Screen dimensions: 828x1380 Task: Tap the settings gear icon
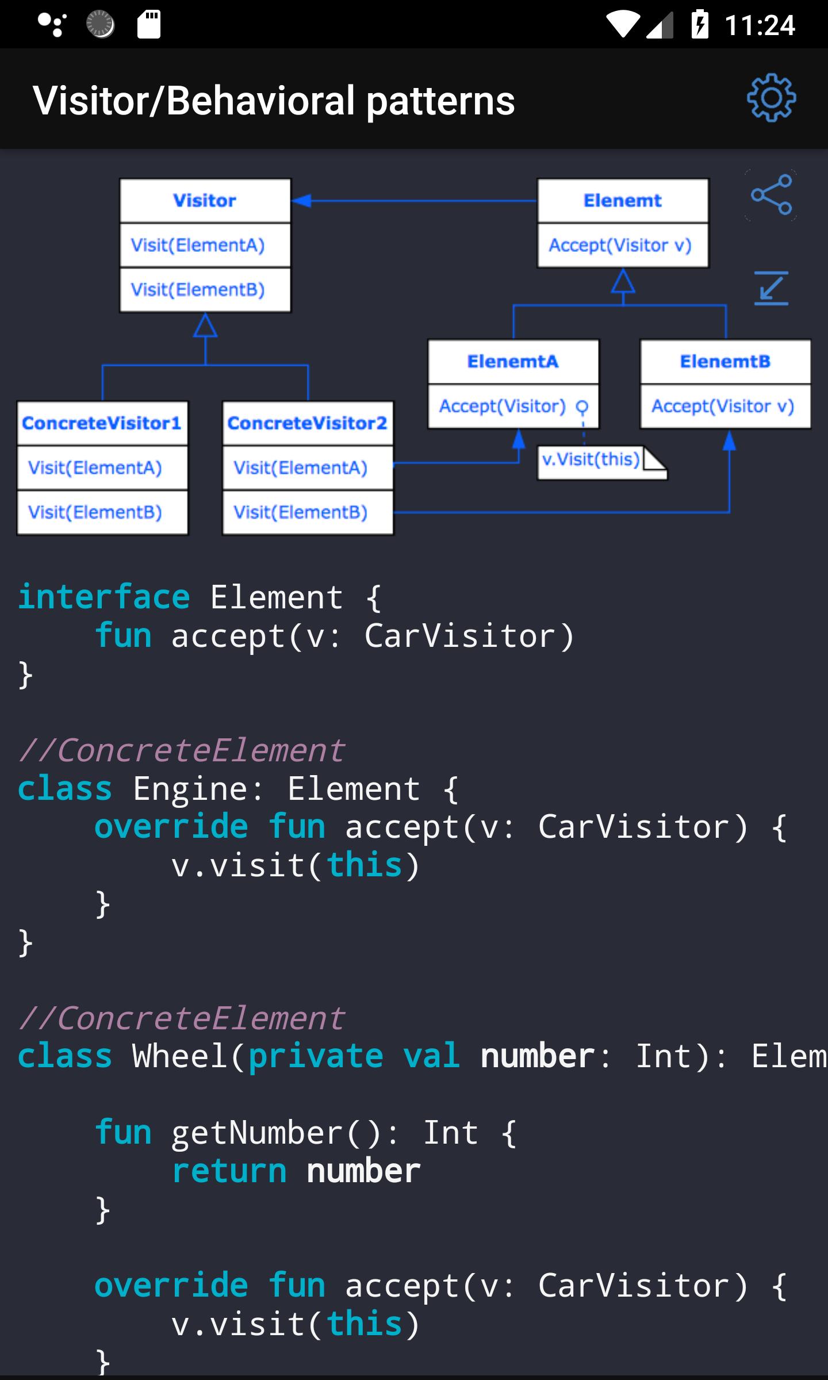(x=771, y=98)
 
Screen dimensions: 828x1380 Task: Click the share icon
(x=771, y=195)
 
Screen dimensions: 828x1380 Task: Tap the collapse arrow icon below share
(x=771, y=288)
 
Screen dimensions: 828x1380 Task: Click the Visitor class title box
(x=205, y=201)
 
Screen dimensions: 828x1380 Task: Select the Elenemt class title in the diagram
(x=623, y=201)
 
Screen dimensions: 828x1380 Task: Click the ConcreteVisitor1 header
(x=102, y=423)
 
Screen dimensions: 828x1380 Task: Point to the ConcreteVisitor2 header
(x=308, y=423)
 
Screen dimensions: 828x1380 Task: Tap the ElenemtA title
(x=513, y=362)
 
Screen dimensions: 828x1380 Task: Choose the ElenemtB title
(x=725, y=362)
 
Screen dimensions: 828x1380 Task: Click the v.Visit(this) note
(x=601, y=462)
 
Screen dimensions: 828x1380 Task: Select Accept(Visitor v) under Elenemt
(x=620, y=246)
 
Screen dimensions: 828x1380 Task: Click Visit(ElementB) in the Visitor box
(x=198, y=290)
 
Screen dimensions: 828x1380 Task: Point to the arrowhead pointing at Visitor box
(x=301, y=201)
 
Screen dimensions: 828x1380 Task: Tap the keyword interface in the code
(x=103, y=597)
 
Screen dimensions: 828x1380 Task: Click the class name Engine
(x=190, y=788)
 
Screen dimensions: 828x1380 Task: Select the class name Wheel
(x=181, y=1056)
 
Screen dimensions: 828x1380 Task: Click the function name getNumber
(x=258, y=1133)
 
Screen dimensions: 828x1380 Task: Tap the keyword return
(x=229, y=1171)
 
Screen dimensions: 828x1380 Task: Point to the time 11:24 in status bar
(x=760, y=25)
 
